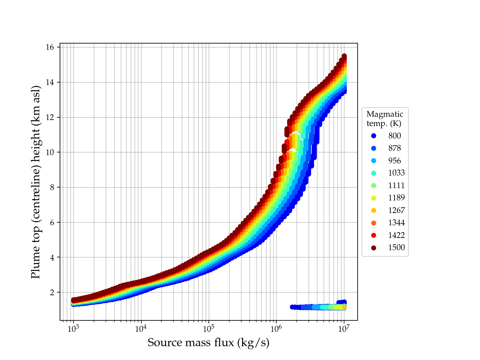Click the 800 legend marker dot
[x=373, y=136]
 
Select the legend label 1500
[x=396, y=247]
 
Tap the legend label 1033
[x=396, y=173]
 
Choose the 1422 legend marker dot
[x=373, y=235]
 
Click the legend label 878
[x=394, y=148]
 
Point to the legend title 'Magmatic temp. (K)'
[x=385, y=119]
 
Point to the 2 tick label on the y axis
[x=53, y=292]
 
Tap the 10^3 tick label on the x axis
[x=73, y=329]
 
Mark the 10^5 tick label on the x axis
[x=208, y=329]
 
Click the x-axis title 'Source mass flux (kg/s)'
[x=208, y=343]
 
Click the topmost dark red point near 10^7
[x=344, y=56]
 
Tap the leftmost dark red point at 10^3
[x=73, y=300]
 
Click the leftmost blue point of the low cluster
[x=292, y=307]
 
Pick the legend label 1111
[x=396, y=185]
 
